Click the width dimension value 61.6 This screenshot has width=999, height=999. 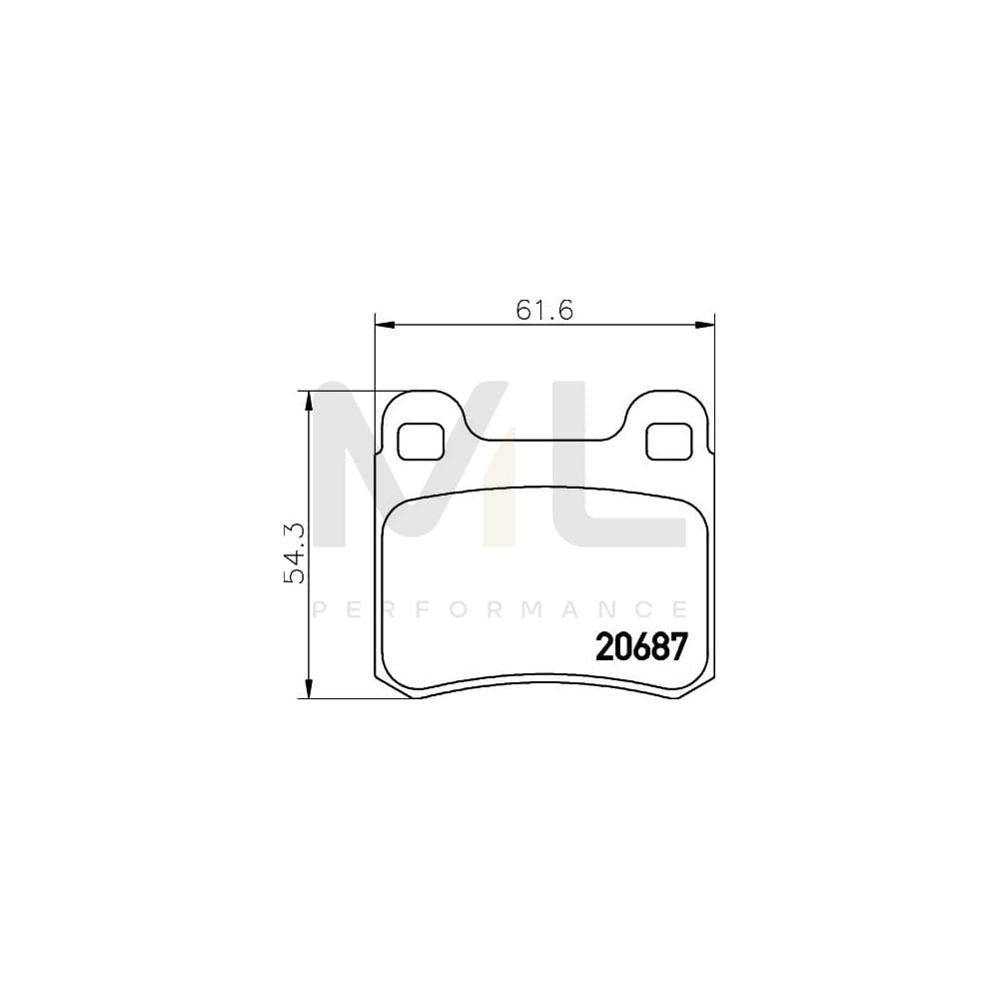[543, 310]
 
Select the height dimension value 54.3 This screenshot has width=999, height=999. [294, 552]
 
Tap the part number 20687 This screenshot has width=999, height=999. [641, 648]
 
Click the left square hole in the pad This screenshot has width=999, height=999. [422, 441]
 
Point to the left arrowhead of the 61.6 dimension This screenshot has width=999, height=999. [384, 324]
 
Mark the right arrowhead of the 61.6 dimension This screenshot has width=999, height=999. [707, 324]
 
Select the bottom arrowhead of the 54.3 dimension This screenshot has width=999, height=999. [309, 689]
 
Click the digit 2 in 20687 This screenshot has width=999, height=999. [604, 648]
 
